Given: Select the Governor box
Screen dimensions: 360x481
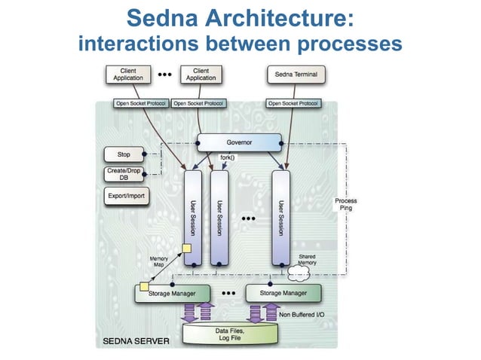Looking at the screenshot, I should [x=239, y=142].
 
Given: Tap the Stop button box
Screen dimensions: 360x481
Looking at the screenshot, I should [x=124, y=155].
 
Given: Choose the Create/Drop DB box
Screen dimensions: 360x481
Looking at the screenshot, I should [x=124, y=174].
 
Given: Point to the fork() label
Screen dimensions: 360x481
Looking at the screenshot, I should [x=227, y=157].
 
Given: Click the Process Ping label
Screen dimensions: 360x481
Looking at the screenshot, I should [x=346, y=204].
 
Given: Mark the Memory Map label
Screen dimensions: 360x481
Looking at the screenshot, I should [x=158, y=261].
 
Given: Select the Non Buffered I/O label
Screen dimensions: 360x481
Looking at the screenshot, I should [x=307, y=315].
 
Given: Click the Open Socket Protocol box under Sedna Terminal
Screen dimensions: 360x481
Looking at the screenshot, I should [x=293, y=103].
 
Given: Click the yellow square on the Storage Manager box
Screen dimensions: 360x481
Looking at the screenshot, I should [x=143, y=285].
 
